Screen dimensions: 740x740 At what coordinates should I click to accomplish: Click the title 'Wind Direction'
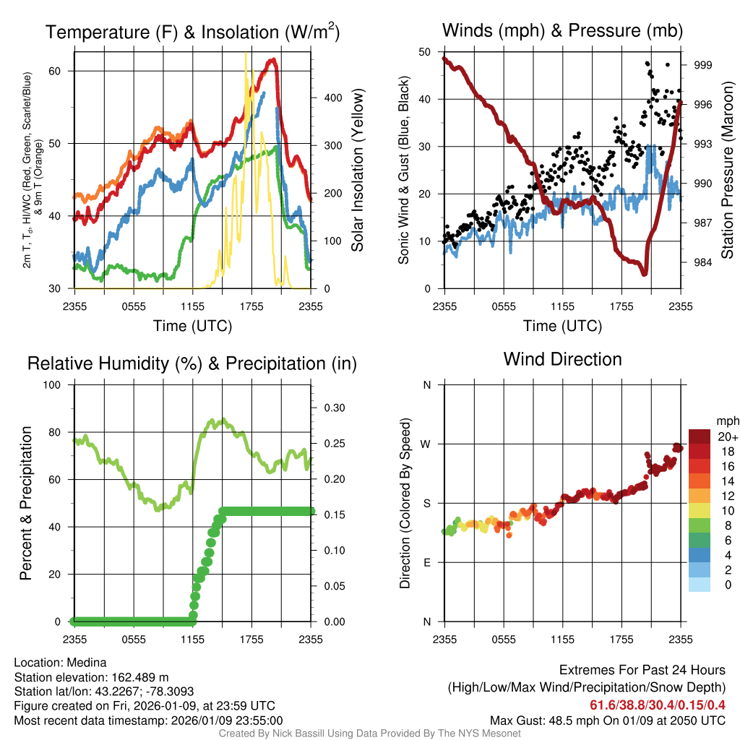pyautogui.click(x=562, y=359)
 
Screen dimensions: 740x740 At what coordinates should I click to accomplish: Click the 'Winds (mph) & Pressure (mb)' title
pyautogui.click(x=562, y=30)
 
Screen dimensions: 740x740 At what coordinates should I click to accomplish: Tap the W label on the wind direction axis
pyautogui.click(x=426, y=444)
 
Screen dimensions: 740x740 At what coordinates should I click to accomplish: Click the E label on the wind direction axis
pyautogui.click(x=426, y=562)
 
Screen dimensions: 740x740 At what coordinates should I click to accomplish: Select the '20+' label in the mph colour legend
pyautogui.click(x=728, y=436)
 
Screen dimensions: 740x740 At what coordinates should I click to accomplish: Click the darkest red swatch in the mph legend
pyautogui.click(x=699, y=436)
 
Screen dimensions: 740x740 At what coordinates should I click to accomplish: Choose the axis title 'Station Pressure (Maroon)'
pyautogui.click(x=728, y=170)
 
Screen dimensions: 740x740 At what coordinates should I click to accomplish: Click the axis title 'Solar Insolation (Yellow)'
pyautogui.click(x=357, y=170)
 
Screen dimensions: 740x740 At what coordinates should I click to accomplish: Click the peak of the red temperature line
pyautogui.click(x=273, y=61)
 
